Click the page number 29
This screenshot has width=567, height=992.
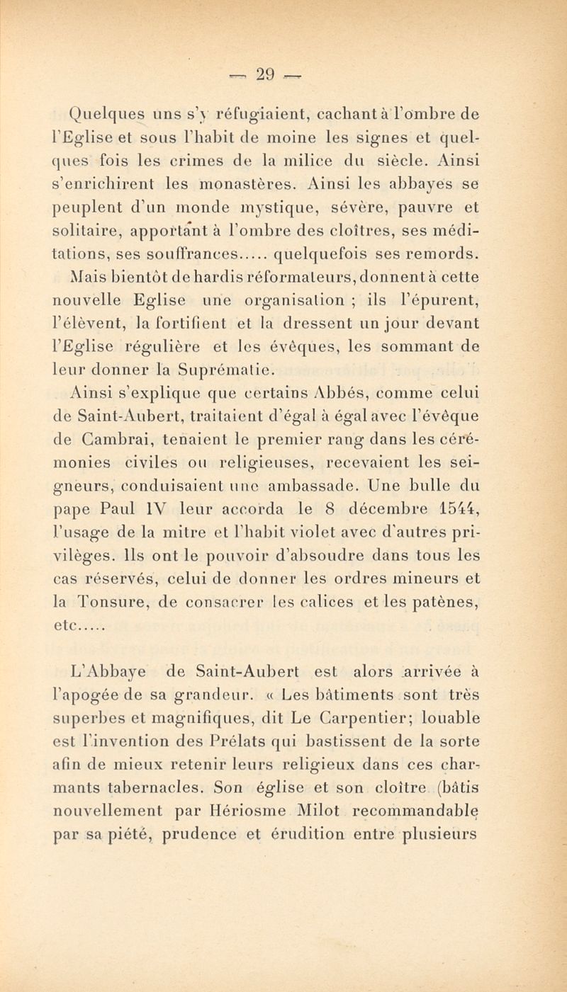(x=283, y=73)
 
